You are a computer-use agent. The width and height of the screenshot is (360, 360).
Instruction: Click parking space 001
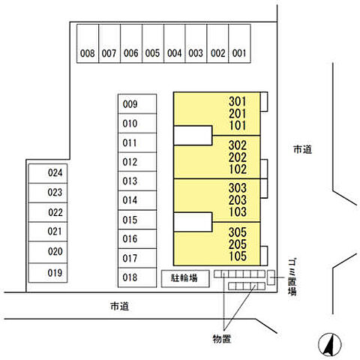[x=239, y=43]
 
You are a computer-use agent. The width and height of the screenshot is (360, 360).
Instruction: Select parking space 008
[x=88, y=43]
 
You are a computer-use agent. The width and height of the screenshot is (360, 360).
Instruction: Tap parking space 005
[x=153, y=43]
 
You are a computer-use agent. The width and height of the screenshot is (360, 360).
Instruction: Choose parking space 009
[x=137, y=104]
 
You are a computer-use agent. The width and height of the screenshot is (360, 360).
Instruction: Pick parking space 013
[x=137, y=181]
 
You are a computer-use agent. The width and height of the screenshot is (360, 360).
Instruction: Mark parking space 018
[x=137, y=277]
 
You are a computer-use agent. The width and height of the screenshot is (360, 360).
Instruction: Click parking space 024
[x=48, y=173]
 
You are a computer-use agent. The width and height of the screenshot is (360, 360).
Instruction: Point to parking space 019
[x=48, y=273]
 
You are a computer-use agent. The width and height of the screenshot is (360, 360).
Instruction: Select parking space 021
[x=48, y=232]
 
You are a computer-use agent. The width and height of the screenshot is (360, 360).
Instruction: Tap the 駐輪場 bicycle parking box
[x=185, y=278]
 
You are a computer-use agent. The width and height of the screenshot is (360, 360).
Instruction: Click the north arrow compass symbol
[x=330, y=345]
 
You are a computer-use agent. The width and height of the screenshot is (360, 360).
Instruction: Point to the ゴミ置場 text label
[x=292, y=277]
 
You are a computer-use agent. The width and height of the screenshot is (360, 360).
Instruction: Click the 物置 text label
[x=221, y=339]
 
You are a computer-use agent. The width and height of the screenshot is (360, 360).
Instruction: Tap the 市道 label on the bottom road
[x=119, y=306]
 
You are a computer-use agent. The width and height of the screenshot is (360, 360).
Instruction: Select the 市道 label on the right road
[x=302, y=149]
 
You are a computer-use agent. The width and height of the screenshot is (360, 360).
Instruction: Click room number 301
[x=238, y=101]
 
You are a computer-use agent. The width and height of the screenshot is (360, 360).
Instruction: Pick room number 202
[x=238, y=157]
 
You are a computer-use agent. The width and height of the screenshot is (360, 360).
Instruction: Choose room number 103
[x=238, y=211]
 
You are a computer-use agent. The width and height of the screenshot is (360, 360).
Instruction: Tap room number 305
[x=238, y=232]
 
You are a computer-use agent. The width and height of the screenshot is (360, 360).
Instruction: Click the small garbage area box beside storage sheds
[x=271, y=277]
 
